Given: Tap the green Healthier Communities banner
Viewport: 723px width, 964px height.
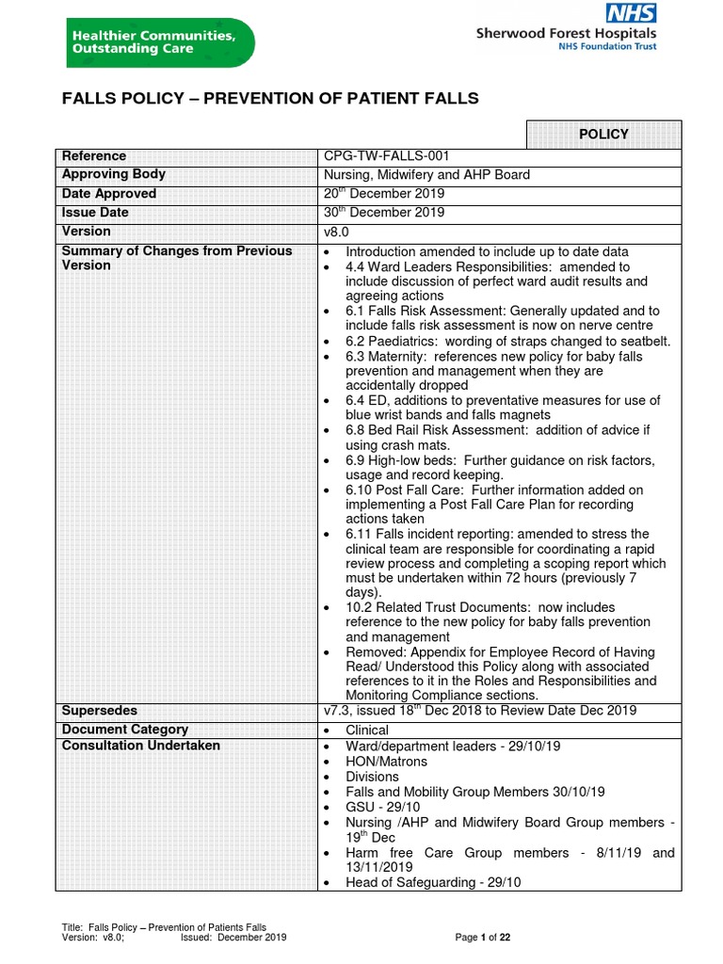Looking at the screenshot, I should pos(159,42).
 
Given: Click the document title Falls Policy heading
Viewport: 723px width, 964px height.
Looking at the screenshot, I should pos(270,99).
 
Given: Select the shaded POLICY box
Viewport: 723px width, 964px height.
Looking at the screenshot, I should pos(603,135).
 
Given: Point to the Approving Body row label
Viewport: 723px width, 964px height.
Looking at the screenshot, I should pos(113,174).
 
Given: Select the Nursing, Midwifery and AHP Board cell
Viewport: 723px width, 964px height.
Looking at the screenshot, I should pos(426,174).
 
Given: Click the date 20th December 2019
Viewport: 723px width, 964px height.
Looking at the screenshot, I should pos(384,194).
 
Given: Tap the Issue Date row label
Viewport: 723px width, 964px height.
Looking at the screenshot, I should pos(95,213).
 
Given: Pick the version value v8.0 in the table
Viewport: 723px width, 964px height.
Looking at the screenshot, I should pos(336,232).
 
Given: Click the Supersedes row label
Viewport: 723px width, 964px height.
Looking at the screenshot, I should pos(99,711).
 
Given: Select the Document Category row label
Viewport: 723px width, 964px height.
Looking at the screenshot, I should pos(124,730).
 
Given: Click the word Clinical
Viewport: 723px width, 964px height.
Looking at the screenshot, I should pos(367,731).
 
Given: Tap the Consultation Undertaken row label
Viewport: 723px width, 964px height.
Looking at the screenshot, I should pos(140,746).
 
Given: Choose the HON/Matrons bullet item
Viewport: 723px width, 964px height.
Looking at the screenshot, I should pos(386,762).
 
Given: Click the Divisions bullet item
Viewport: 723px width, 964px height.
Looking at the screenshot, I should pos(372,777).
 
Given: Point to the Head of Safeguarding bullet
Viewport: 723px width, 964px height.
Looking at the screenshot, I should pos(433,882).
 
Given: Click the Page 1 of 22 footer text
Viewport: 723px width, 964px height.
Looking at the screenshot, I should pos(482,938).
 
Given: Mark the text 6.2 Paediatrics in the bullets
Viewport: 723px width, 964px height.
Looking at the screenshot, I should pos(387,341).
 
